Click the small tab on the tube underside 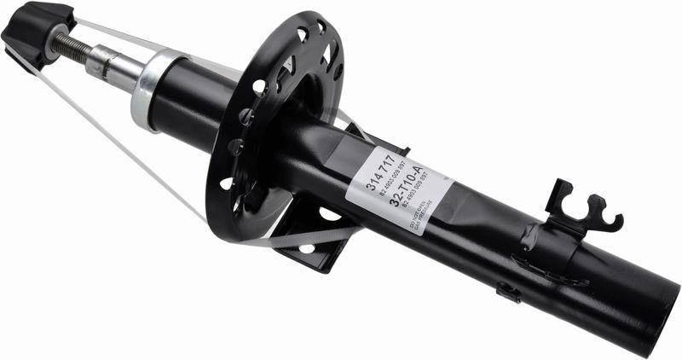(509, 292)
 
